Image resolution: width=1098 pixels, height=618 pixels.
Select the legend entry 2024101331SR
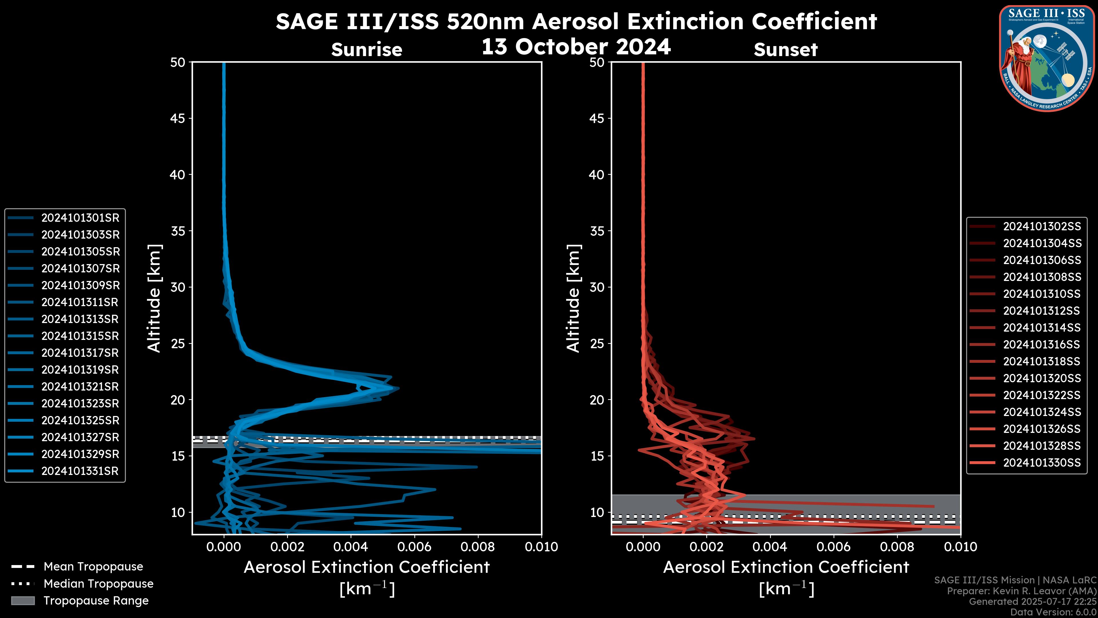point(80,471)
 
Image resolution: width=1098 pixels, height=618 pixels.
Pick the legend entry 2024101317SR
point(80,353)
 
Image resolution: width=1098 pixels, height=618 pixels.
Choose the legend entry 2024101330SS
point(1042,463)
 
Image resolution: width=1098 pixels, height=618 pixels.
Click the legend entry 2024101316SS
point(1042,344)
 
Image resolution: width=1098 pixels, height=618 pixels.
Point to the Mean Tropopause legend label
point(93,567)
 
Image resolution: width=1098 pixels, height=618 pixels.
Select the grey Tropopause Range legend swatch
point(23,601)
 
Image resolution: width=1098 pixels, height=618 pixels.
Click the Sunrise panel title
point(367,50)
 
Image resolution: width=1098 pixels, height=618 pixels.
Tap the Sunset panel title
point(785,50)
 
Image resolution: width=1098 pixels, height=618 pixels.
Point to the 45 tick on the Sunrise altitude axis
point(178,118)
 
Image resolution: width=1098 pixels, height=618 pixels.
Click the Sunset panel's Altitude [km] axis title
point(573,298)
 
